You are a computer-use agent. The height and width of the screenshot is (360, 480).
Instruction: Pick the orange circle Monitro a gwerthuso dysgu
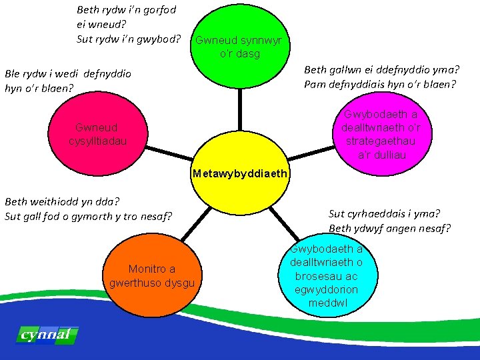(152, 275)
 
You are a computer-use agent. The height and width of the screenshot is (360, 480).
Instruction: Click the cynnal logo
(46, 335)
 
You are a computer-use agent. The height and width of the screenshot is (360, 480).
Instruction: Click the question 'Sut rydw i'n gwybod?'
(129, 38)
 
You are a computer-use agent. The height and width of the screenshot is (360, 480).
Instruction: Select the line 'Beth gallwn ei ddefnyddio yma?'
(382, 69)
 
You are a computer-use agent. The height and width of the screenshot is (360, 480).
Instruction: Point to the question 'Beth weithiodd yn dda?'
(62, 201)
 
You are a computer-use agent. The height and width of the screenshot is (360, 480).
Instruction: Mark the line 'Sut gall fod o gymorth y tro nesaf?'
(88, 215)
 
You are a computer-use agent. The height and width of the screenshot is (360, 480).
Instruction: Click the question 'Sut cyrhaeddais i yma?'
(384, 214)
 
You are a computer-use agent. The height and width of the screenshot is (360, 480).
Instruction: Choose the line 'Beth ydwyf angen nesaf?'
(389, 229)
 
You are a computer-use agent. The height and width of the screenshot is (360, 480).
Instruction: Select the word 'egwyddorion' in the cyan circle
(326, 290)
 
